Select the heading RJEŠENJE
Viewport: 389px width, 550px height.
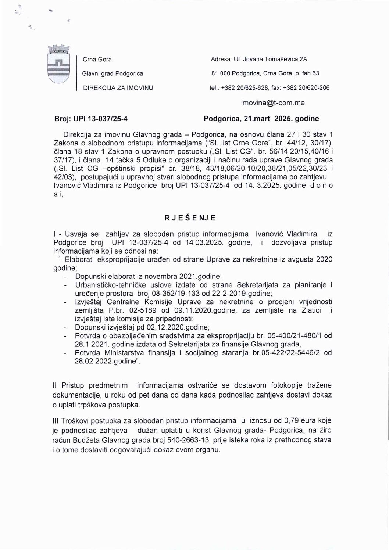tap(190, 218)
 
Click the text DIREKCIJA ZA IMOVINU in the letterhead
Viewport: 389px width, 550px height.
tap(118, 87)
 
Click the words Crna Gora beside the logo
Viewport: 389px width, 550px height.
tap(97, 60)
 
